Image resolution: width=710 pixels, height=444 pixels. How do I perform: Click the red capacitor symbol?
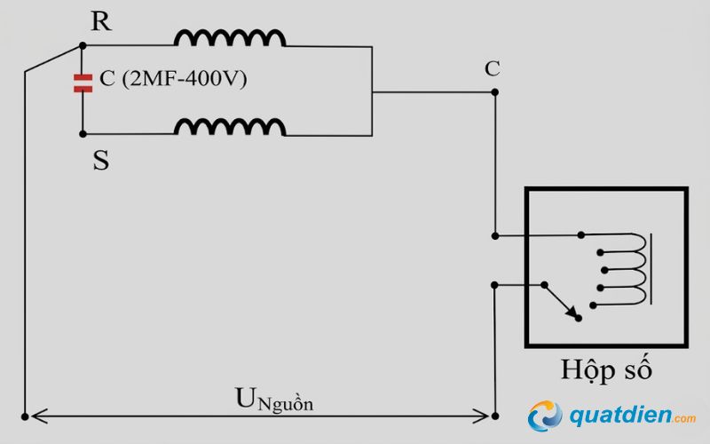pyautogui.click(x=83, y=83)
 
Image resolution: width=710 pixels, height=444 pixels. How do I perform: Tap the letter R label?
pyautogui.click(x=101, y=22)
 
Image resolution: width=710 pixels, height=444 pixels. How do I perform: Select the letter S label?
pyautogui.click(x=100, y=161)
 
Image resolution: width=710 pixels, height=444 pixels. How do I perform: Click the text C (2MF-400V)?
pyautogui.click(x=173, y=79)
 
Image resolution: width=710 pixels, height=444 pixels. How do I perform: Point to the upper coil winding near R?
pyautogui.click(x=230, y=37)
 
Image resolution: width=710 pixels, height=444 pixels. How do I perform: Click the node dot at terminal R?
pyautogui.click(x=83, y=45)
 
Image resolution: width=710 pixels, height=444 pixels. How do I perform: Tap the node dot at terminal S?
pyautogui.click(x=83, y=134)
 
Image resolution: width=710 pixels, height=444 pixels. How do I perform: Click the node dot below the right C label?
pyautogui.click(x=494, y=91)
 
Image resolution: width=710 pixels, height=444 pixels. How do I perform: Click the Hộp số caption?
pyautogui.click(x=606, y=369)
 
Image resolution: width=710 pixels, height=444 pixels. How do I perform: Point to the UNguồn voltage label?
pyautogui.click(x=274, y=399)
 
